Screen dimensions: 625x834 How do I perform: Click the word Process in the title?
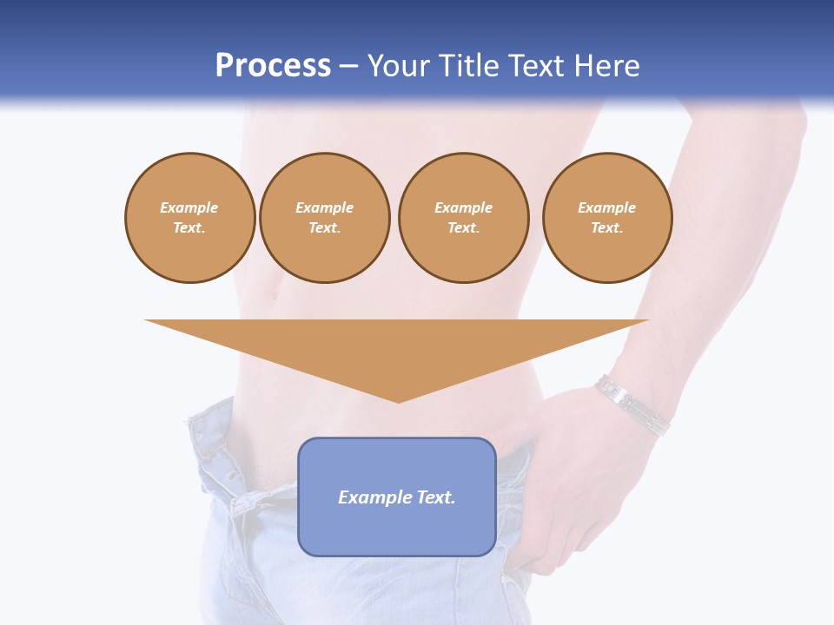click(x=273, y=66)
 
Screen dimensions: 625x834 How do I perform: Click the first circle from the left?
click(x=189, y=218)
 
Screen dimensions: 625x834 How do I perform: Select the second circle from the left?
click(x=324, y=218)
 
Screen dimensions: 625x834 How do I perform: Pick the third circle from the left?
click(x=463, y=218)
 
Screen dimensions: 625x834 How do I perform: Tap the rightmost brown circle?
click(x=606, y=218)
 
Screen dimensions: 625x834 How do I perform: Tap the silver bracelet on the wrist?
click(x=632, y=405)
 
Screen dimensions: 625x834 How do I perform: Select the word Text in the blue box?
click(x=434, y=497)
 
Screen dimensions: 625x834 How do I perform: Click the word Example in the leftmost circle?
click(x=189, y=207)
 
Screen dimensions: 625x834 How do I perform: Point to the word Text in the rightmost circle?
click(x=606, y=228)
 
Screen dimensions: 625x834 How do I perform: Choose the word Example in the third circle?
click(x=463, y=207)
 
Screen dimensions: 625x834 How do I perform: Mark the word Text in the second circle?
click(x=324, y=228)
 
